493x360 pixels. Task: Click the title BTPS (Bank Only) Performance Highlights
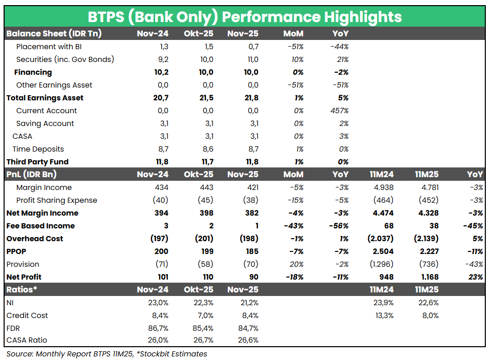pyautogui.click(x=245, y=16)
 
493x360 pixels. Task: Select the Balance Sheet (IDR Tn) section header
pyautogui.click(x=54, y=34)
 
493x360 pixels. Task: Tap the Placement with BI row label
pyautogui.click(x=49, y=47)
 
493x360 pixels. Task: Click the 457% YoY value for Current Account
pyautogui.click(x=340, y=111)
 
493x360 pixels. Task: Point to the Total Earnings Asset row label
pyautogui.click(x=45, y=98)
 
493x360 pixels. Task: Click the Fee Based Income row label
pyautogui.click(x=40, y=226)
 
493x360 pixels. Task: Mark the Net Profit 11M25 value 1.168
pyautogui.click(x=427, y=277)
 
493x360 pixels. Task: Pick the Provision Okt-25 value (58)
pyautogui.click(x=206, y=264)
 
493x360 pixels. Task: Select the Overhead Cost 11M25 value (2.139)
pyautogui.click(x=425, y=239)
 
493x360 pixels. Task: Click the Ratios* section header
pyautogui.click(x=22, y=290)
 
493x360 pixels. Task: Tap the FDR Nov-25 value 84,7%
pyautogui.click(x=248, y=328)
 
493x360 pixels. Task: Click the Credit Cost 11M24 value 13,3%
pyautogui.click(x=384, y=315)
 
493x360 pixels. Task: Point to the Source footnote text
pyautogui.click(x=106, y=354)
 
